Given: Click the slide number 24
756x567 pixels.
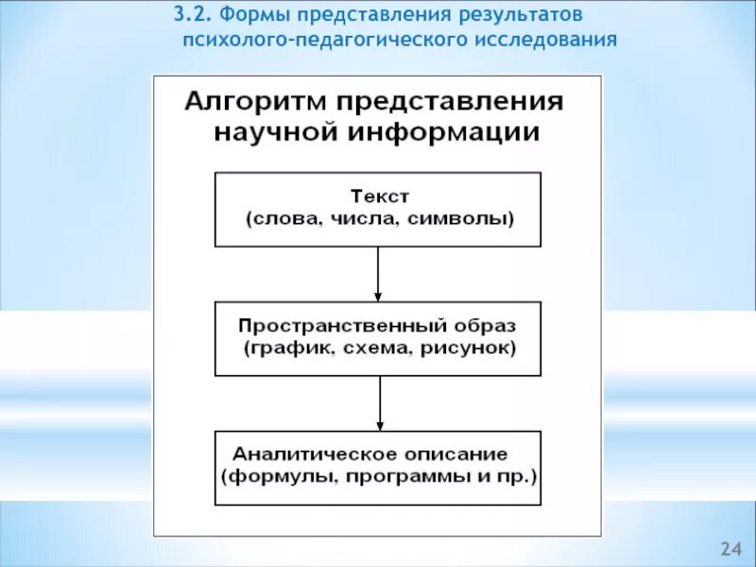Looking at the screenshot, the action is pos(730,549).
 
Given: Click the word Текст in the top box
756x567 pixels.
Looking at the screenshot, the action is pos(379,198).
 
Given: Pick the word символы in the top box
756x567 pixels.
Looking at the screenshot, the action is pos(469,219).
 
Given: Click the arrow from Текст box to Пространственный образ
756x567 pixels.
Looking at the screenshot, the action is pos(378,274).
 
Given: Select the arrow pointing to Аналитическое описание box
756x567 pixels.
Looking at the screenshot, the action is pos(378,404).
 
